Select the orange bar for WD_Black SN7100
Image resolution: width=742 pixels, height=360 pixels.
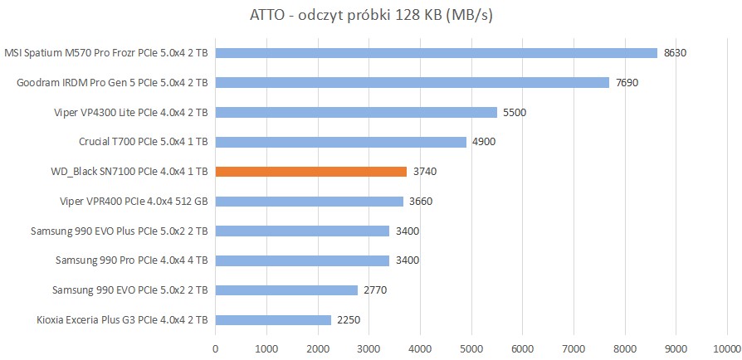[311, 172]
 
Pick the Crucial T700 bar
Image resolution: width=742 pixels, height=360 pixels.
[341, 142]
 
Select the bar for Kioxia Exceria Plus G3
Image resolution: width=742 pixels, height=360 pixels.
[273, 320]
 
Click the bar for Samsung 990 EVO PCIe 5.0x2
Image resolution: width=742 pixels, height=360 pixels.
[286, 290]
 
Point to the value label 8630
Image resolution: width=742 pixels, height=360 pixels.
[676, 53]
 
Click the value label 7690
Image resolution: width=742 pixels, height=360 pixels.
[627, 83]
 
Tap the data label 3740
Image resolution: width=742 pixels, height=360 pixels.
[425, 172]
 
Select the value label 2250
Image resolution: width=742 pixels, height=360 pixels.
[349, 320]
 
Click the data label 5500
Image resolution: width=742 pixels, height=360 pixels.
[515, 113]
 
